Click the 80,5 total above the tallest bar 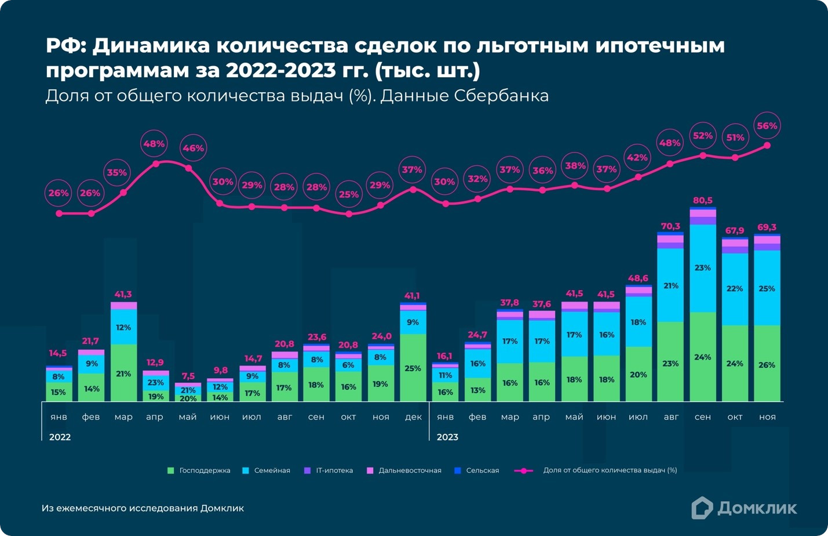(x=702, y=201)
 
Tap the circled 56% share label (x=767, y=126)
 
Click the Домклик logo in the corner (x=744, y=508)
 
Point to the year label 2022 (x=60, y=437)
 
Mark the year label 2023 (x=447, y=437)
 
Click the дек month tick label (x=413, y=417)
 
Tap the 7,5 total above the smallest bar (x=188, y=376)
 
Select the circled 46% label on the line (x=193, y=149)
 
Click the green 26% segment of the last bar (x=767, y=365)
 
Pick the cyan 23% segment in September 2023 (x=702, y=268)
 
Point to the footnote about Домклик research (x=143, y=508)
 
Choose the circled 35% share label (x=117, y=173)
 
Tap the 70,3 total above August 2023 (x=670, y=226)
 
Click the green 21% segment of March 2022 (x=123, y=374)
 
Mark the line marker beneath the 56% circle (x=767, y=146)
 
